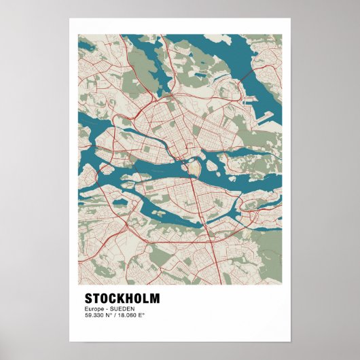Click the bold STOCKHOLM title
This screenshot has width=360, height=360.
click(x=122, y=299)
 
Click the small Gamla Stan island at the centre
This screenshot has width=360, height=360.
click(x=194, y=166)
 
